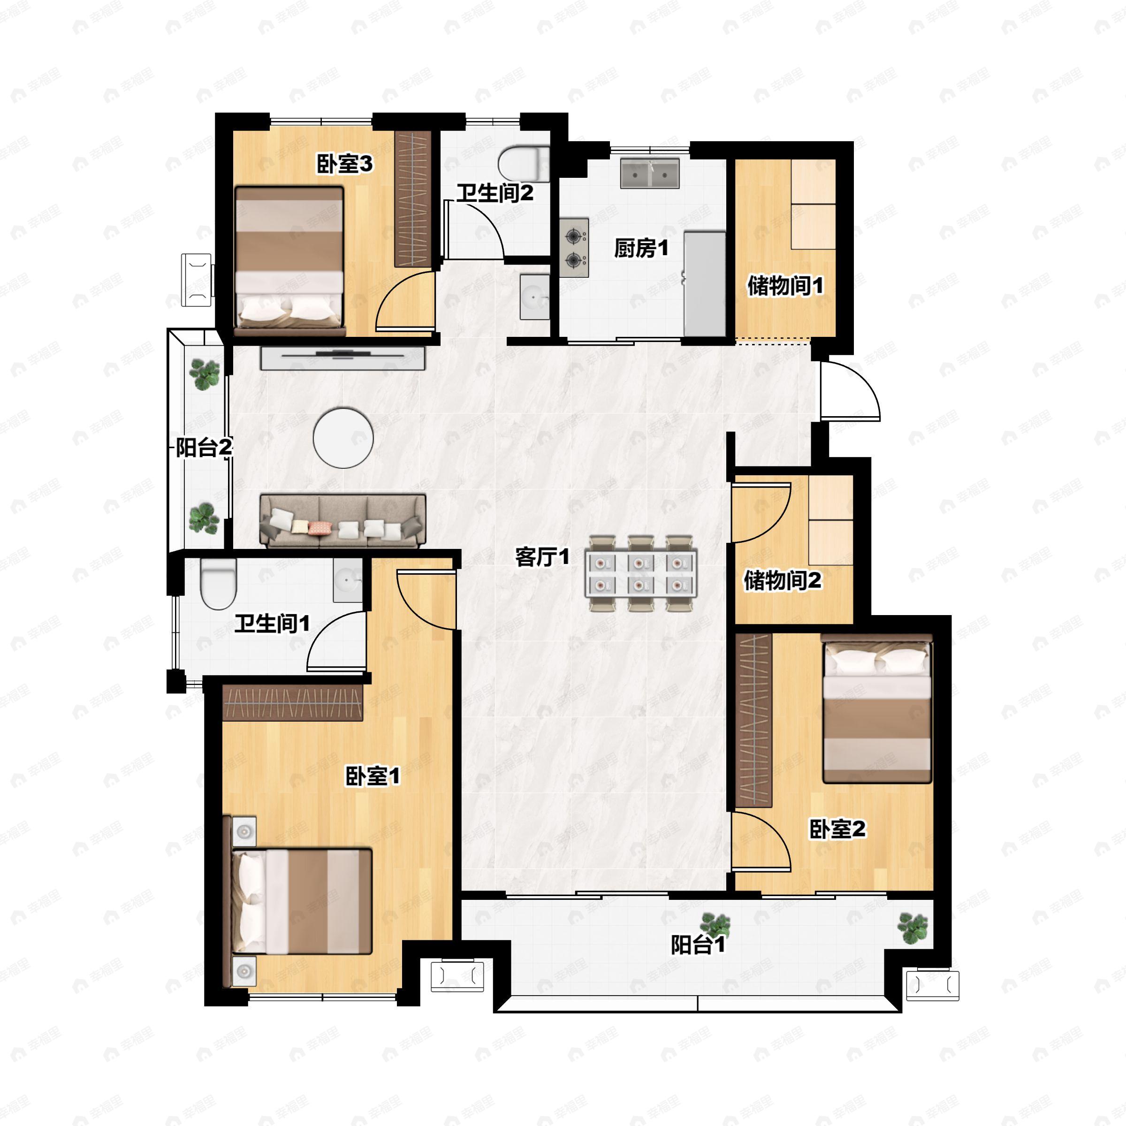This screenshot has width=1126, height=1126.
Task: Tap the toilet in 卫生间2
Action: (x=524, y=164)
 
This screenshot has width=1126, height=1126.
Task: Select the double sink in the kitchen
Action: (x=649, y=173)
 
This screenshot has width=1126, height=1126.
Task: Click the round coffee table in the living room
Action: (x=343, y=437)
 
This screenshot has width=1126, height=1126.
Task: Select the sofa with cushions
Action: (x=342, y=521)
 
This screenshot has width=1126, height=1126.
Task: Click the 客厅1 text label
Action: (x=541, y=557)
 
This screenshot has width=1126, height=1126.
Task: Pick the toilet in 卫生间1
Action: (x=218, y=583)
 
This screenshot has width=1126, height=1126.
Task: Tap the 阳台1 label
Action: (x=698, y=945)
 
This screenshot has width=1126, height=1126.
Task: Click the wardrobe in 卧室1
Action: (x=293, y=702)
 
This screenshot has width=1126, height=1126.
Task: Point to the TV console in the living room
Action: (x=342, y=357)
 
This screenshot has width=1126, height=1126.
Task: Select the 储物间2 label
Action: (x=782, y=580)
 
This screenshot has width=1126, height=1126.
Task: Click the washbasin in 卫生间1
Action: (x=347, y=580)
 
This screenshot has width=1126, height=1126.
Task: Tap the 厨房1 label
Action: (x=640, y=249)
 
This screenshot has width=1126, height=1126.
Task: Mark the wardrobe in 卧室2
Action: (x=753, y=720)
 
